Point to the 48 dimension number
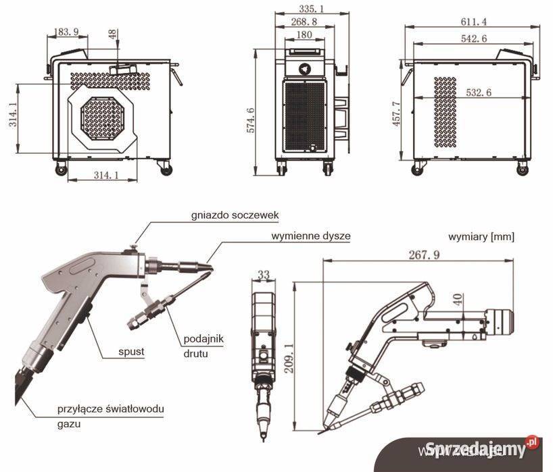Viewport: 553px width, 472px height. pos(112,33)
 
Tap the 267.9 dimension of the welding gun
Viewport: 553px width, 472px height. pos(423,255)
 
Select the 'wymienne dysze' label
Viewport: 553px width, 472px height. pos(311,237)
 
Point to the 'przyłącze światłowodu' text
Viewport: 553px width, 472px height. pos(110,409)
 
